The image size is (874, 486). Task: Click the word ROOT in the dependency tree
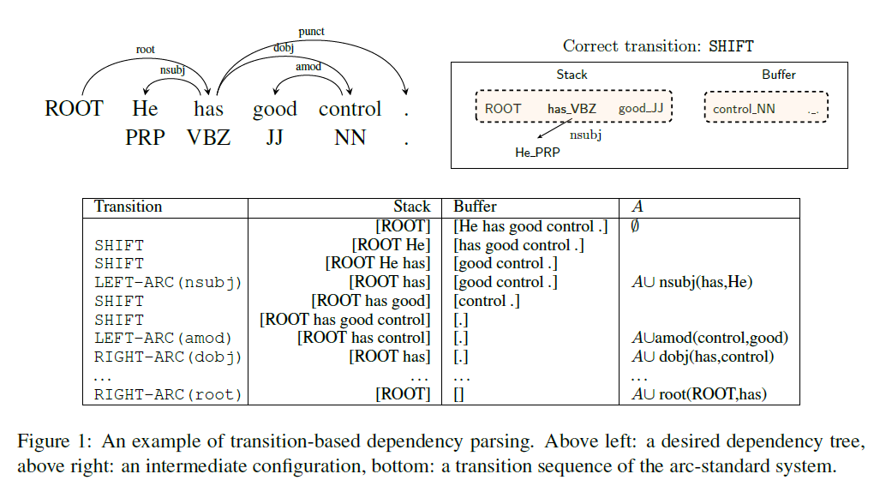[74, 110]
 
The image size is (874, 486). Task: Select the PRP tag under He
[145, 137]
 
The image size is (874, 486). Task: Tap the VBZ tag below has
[208, 137]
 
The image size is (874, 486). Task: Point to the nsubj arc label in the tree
[172, 71]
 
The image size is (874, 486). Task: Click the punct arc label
[311, 32]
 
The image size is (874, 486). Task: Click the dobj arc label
[284, 48]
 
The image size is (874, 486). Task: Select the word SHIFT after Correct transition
[731, 46]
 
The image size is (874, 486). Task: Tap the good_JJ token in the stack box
[641, 109]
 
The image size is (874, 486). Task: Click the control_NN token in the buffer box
[744, 109]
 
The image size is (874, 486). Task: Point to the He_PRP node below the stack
[537, 153]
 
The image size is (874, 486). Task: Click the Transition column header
[128, 207]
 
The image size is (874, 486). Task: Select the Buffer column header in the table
[475, 207]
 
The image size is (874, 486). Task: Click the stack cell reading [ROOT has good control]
[345, 320]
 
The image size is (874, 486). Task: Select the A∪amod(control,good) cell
[709, 338]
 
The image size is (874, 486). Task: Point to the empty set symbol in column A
[635, 226]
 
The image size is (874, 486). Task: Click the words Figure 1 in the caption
[51, 442]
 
